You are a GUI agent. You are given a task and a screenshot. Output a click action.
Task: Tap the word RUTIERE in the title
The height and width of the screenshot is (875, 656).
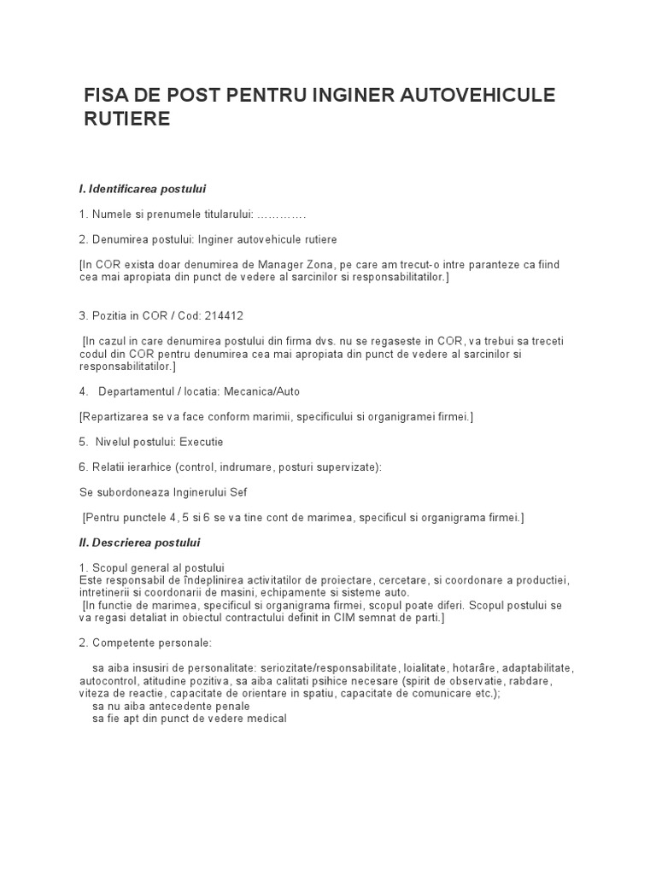tap(127, 119)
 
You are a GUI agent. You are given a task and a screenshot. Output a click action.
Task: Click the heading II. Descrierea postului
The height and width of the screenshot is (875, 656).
tap(139, 542)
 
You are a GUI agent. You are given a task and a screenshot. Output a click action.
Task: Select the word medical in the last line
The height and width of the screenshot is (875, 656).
tap(265, 719)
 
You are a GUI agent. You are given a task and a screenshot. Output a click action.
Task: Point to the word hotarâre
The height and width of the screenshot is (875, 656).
tap(469, 667)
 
